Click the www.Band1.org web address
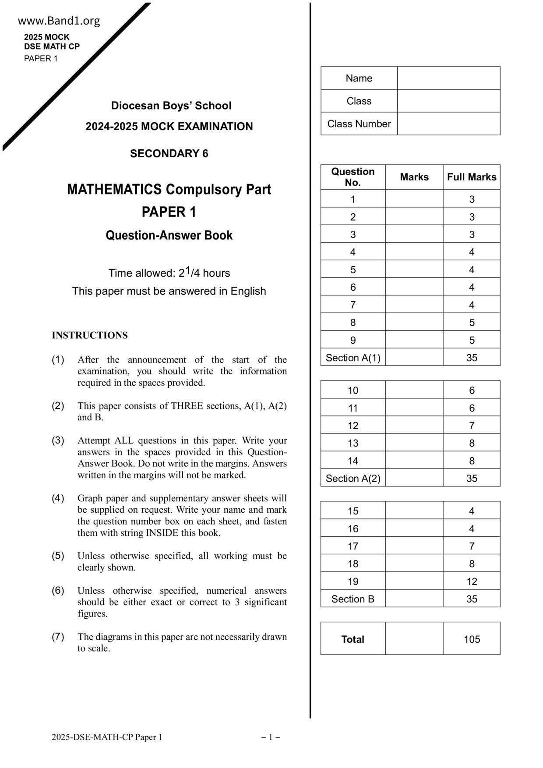[x=59, y=21]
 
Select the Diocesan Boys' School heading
[x=171, y=106]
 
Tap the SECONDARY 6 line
[x=169, y=153]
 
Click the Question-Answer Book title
[x=169, y=235]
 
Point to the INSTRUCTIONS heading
[x=90, y=335]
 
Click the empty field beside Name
[x=448, y=78]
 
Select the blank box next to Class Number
[x=448, y=124]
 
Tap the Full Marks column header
[x=472, y=177]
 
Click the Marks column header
[x=414, y=177]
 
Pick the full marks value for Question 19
[x=472, y=581]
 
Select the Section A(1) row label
[x=353, y=358]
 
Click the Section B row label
[x=353, y=599]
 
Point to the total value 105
[x=472, y=639]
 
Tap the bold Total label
[x=353, y=639]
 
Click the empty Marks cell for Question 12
[x=414, y=426]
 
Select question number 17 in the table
[x=353, y=546]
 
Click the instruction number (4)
[x=58, y=498]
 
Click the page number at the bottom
[x=271, y=737]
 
